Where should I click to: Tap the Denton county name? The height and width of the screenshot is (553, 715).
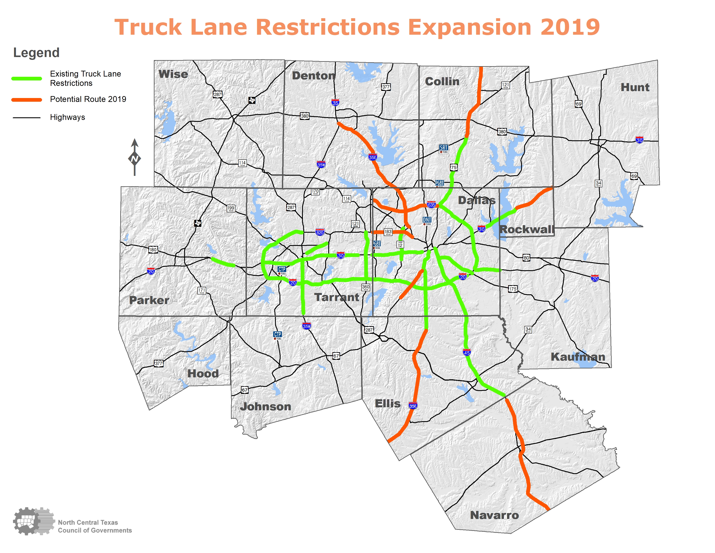(313, 76)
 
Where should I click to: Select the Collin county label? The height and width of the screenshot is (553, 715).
(442, 82)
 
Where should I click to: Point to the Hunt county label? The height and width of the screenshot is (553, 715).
(635, 87)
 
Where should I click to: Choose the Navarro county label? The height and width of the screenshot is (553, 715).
(494, 515)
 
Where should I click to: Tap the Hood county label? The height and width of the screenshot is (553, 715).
(203, 373)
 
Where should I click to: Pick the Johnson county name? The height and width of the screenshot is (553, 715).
(265, 407)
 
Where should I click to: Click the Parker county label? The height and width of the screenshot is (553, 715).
(149, 300)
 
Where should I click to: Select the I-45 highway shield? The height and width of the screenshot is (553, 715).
(467, 352)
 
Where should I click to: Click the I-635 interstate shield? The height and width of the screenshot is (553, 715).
(431, 205)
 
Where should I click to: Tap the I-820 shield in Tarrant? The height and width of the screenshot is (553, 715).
(320, 232)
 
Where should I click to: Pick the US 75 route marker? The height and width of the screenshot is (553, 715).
(453, 167)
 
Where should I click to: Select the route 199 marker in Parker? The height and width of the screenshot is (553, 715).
(231, 208)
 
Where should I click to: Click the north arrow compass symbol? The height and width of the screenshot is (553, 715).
(135, 157)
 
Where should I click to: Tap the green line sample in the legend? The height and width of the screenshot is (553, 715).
(26, 79)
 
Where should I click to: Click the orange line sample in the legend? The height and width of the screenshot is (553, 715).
(26, 100)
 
